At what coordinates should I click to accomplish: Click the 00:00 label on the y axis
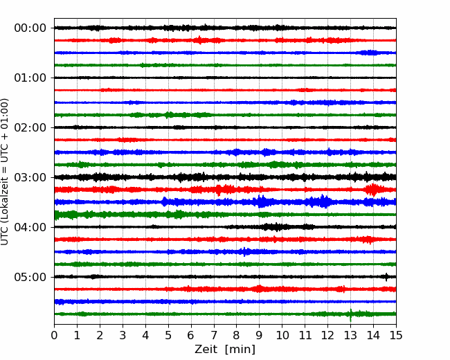30,28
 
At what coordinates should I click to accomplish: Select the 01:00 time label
30,78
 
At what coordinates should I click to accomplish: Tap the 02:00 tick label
30,127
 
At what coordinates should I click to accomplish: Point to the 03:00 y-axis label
30,177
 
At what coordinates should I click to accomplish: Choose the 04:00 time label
30,227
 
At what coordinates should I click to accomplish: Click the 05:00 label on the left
30,277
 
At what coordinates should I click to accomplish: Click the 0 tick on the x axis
54,335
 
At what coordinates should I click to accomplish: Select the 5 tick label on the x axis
168,335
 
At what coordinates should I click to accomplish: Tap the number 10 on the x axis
282,335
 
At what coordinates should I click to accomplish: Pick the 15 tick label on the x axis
396,335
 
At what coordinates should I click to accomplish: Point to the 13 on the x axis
350,335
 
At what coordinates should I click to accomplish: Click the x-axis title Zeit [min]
225,350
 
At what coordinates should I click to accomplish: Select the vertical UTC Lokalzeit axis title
5,172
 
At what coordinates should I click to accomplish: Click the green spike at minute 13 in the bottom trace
350,315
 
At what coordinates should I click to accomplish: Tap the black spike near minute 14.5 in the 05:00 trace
386,277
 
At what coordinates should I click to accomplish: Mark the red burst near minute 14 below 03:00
372,190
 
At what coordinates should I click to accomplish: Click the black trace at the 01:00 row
225,78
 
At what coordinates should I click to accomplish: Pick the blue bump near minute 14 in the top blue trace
370,53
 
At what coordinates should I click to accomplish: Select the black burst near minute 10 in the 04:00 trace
277,227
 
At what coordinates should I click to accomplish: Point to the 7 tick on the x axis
214,335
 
